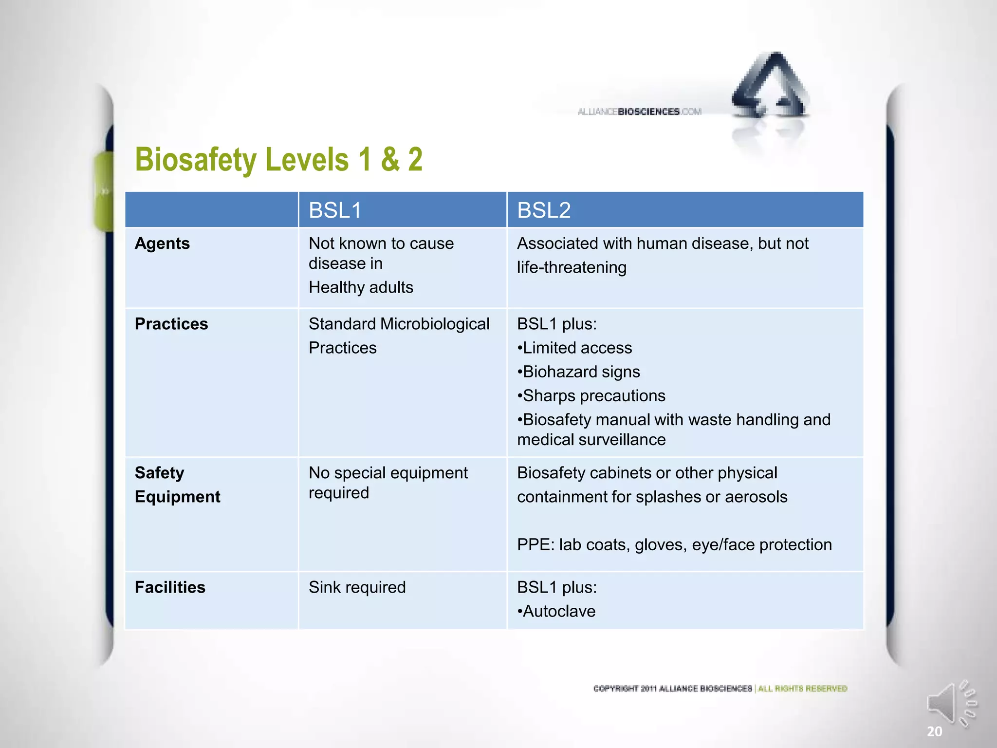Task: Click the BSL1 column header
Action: point(335,210)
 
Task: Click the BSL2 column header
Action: point(543,210)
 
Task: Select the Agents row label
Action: point(162,243)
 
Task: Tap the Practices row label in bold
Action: point(171,324)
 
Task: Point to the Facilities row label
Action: point(170,587)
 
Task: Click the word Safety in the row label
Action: point(159,473)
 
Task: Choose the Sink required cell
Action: point(357,587)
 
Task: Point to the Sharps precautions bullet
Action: point(591,395)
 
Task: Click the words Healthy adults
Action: point(361,287)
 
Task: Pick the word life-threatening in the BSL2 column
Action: point(572,267)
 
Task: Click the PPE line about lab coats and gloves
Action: point(674,544)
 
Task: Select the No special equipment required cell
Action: point(388,483)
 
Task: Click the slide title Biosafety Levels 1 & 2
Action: point(278,160)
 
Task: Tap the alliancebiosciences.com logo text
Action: point(639,112)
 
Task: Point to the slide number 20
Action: point(934,731)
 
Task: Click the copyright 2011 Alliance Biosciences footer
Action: point(672,689)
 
